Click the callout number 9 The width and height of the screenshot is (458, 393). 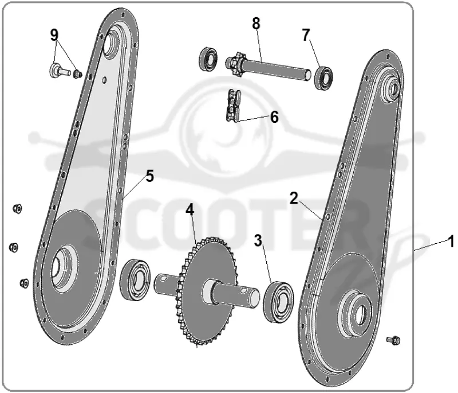click(x=54, y=36)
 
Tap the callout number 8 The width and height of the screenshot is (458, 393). click(x=256, y=24)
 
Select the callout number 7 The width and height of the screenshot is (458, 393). click(x=306, y=35)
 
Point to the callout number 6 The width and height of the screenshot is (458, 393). click(x=274, y=117)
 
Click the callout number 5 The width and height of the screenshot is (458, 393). click(x=149, y=177)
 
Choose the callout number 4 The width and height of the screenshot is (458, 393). click(x=190, y=209)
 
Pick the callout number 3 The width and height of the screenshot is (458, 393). click(x=258, y=240)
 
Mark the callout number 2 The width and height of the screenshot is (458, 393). click(x=294, y=198)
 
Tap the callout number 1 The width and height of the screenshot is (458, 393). click(x=451, y=242)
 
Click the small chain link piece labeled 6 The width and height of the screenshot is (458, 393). click(x=233, y=106)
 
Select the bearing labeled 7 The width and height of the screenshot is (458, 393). click(x=323, y=77)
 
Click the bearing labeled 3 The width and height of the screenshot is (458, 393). click(x=278, y=302)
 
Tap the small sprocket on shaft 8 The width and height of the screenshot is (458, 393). click(x=236, y=64)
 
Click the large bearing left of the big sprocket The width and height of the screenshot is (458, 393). click(x=135, y=280)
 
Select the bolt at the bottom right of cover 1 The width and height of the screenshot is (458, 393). click(x=393, y=340)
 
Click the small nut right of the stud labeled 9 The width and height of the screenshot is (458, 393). click(x=77, y=74)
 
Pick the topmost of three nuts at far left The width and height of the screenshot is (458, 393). click(x=17, y=209)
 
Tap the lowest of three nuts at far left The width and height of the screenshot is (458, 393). click(x=24, y=283)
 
